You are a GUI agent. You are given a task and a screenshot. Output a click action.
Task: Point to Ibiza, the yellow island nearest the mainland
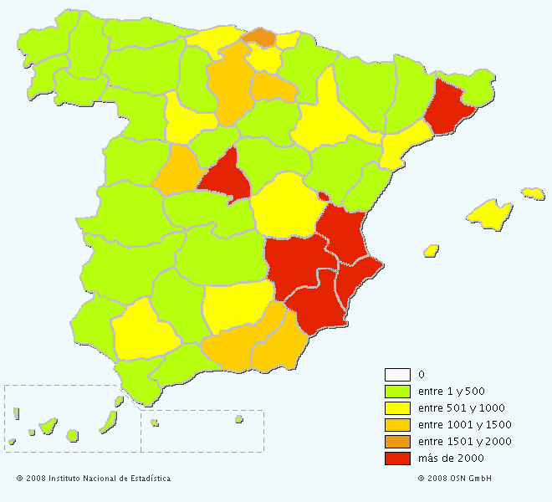432,250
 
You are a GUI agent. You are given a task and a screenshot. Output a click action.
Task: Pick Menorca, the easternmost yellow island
533,193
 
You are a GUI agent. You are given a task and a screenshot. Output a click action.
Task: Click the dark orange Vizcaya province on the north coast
260,37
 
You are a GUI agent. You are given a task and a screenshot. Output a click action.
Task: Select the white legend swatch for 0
397,374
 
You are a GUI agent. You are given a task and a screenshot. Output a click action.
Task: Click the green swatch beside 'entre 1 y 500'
397,391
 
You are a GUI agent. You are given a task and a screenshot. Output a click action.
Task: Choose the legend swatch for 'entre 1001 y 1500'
397,424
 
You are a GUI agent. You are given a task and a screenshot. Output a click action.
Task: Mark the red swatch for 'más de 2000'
397,458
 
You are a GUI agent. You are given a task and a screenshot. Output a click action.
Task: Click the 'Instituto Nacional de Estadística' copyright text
94,479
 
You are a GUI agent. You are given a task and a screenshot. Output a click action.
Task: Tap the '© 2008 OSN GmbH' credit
454,479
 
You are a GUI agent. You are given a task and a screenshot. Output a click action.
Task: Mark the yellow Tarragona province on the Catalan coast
402,144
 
